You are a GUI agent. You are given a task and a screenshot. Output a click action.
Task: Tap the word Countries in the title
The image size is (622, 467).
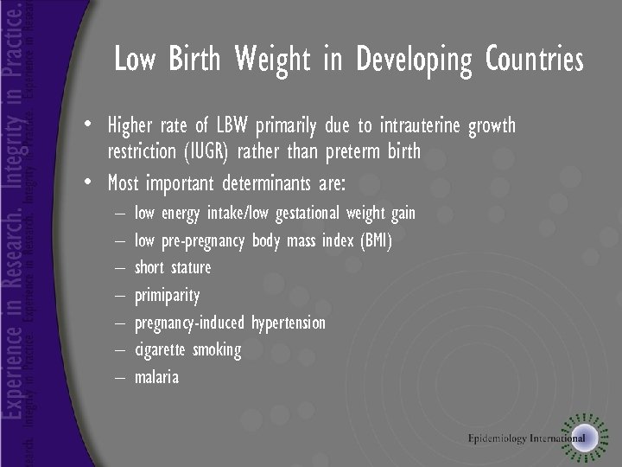click(535, 61)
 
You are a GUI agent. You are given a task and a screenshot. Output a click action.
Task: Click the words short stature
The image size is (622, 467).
click(173, 267)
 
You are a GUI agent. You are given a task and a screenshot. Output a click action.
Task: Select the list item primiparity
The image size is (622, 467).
click(167, 296)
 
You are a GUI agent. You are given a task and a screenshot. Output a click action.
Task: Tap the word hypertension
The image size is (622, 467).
click(288, 323)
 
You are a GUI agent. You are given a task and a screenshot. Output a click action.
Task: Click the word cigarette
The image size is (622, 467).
click(160, 350)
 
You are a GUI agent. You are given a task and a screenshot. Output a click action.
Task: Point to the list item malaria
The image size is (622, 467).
click(157, 377)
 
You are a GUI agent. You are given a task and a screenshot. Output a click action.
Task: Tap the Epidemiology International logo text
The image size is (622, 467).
click(526, 438)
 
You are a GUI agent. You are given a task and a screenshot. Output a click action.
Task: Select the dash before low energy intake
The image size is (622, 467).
click(117, 214)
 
